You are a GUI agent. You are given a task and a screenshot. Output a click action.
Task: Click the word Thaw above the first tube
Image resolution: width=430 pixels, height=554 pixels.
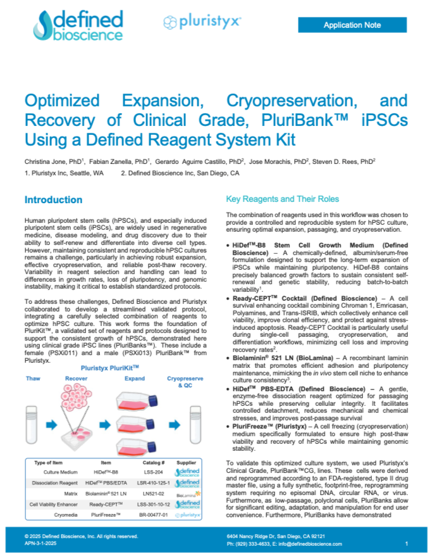pos(33,378)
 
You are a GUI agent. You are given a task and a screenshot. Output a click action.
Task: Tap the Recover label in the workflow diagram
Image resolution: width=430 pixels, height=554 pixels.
pos(76,378)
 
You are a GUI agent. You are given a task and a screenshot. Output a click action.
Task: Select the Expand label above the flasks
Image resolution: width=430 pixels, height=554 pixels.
pos(135,378)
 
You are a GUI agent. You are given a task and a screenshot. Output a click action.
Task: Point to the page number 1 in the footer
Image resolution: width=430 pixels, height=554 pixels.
pos(406,543)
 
